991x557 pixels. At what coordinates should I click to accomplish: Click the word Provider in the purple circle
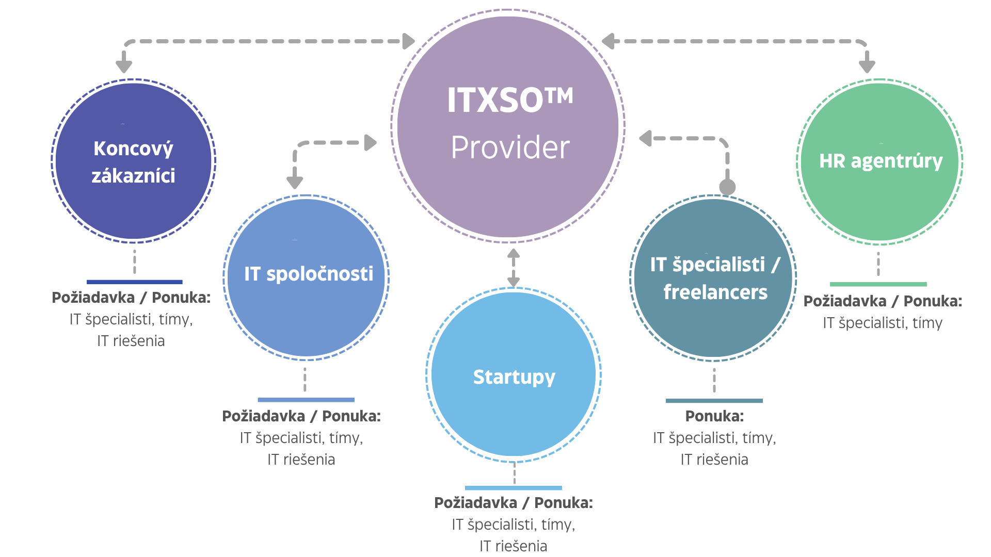click(x=510, y=148)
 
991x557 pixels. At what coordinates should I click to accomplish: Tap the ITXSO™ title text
click(x=510, y=100)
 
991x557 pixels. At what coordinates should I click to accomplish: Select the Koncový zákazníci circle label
click(x=133, y=162)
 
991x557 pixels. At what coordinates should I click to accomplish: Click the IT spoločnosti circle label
click(x=308, y=274)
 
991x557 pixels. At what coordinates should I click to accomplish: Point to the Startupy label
click(x=514, y=378)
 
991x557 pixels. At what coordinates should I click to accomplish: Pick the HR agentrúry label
click(x=881, y=161)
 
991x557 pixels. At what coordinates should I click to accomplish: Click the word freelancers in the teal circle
click(x=715, y=292)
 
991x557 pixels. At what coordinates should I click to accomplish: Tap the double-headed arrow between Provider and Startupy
click(x=513, y=268)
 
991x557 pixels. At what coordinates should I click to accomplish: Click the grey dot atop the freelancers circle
click(x=727, y=187)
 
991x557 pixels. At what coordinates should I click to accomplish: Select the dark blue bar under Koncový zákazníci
click(x=134, y=282)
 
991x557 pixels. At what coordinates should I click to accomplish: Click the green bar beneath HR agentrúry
click(x=878, y=284)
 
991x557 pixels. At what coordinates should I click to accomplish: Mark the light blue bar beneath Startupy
click(x=513, y=488)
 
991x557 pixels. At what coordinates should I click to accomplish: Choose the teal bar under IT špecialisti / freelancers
click(x=714, y=401)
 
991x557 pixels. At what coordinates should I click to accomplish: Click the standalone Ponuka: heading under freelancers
click(x=714, y=416)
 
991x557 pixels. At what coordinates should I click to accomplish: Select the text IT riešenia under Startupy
click(x=513, y=546)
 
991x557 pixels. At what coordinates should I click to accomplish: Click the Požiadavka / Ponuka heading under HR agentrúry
click(x=883, y=301)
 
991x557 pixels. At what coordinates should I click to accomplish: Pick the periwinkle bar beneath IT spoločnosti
click(x=306, y=400)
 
